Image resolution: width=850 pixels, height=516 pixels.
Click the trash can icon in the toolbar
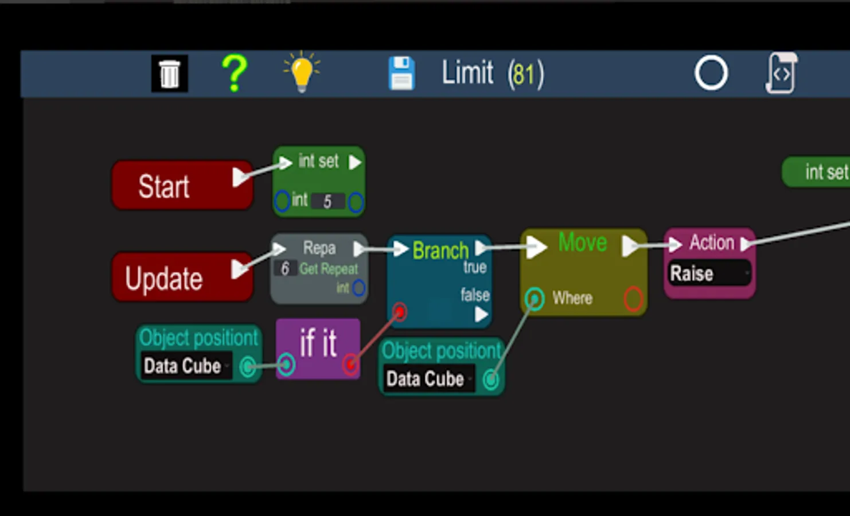169,74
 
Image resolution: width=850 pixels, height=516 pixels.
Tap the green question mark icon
234,73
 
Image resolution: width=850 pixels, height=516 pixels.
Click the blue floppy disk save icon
401,73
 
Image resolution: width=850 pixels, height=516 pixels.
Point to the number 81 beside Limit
525,75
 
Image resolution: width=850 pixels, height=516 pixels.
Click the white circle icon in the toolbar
711,73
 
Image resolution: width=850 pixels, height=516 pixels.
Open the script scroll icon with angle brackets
781,73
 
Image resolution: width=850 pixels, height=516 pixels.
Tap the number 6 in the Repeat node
285,268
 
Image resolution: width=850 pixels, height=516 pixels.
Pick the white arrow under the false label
481,314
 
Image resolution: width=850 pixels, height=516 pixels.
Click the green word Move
583,243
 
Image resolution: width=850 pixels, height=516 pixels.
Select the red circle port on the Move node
633,299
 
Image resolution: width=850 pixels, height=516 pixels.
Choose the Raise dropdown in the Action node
709,273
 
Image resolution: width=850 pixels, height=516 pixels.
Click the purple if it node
318,347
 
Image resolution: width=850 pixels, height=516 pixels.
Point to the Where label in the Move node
572,298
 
